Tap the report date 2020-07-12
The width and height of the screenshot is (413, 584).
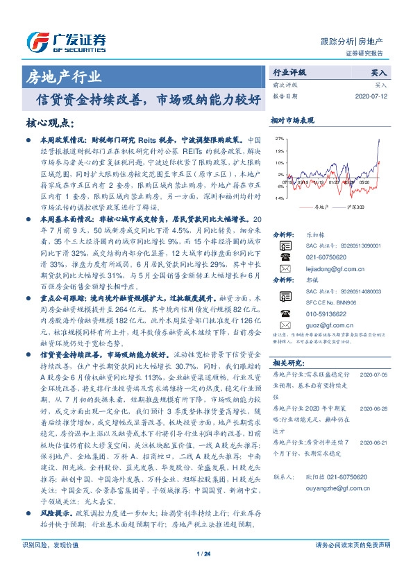(373, 97)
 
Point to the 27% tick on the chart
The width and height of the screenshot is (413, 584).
(280, 139)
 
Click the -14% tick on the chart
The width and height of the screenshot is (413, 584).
(280, 198)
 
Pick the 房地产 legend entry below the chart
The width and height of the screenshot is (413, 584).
(317, 207)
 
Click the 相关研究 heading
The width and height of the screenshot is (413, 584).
(286, 363)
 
